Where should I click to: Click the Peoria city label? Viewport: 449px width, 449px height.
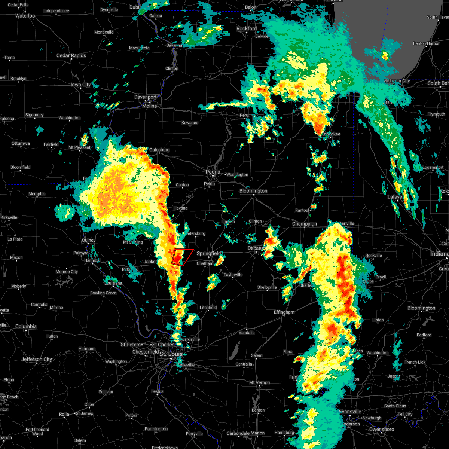[213, 172]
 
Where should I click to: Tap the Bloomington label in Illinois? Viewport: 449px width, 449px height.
[253, 191]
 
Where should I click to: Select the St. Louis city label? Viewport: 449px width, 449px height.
[171, 354]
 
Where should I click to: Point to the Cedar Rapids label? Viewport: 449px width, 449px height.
[71, 56]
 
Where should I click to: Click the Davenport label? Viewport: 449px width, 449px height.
[146, 97]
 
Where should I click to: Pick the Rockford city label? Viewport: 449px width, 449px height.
[247, 29]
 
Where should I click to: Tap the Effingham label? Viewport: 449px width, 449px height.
[284, 312]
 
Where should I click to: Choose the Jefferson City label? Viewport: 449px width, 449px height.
[37, 360]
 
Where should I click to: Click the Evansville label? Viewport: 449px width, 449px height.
[350, 412]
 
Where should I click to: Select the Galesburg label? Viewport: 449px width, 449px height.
[159, 150]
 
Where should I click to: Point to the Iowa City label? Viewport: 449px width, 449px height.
[81, 85]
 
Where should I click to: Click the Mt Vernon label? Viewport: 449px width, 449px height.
[260, 383]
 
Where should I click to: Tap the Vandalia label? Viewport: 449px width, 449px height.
[247, 333]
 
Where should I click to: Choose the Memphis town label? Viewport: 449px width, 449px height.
[37, 194]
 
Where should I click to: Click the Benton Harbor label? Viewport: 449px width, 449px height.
[426, 44]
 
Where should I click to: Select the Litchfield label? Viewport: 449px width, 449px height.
[208, 308]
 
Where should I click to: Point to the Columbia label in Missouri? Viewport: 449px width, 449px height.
[26, 327]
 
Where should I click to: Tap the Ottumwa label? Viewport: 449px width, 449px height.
[21, 144]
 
